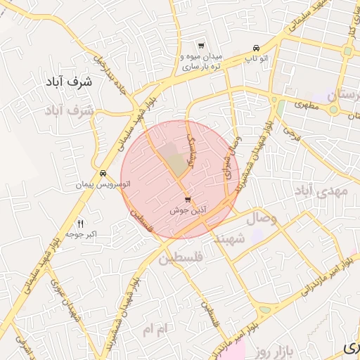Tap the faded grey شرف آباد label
tap(68, 110)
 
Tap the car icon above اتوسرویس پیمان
tap(103, 174)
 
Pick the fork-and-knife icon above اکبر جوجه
tap(80, 223)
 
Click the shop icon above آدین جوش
tap(187, 200)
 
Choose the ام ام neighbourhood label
tap(157, 328)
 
